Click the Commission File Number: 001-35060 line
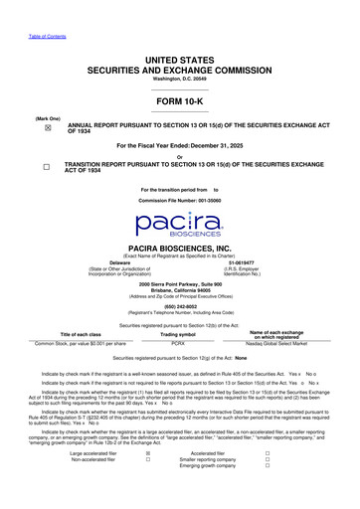(179, 199)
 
